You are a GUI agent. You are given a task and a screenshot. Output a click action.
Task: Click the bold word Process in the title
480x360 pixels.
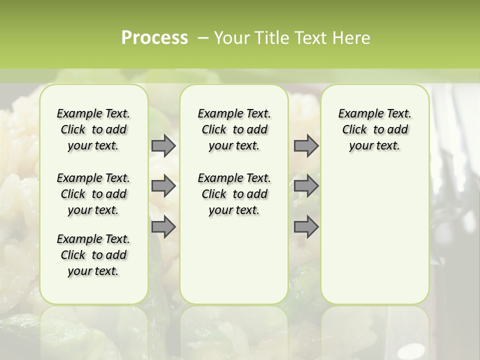tap(154, 38)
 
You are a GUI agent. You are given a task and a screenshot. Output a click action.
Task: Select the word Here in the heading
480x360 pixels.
tap(352, 38)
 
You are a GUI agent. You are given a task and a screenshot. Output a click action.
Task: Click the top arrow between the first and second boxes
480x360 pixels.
tap(163, 145)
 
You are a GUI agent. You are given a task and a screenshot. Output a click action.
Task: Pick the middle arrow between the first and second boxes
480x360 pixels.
tap(163, 186)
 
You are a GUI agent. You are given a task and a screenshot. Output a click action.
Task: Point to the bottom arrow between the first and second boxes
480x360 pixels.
tap(163, 226)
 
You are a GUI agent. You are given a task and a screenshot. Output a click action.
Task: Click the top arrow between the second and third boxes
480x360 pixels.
tap(306, 145)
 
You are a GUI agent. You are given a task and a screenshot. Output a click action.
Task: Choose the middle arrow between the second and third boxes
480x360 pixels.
tap(306, 186)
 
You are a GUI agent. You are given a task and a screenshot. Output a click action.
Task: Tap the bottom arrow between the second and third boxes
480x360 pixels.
tap(306, 226)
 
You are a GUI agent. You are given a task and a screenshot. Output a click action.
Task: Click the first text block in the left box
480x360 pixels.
tap(93, 129)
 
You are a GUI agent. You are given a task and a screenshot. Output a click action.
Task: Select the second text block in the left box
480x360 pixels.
tap(93, 194)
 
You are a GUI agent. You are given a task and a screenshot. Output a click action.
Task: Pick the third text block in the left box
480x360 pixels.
tap(93, 255)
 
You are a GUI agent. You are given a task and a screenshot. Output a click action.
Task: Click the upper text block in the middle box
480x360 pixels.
tap(234, 129)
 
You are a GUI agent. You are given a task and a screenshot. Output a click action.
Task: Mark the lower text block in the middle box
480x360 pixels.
tap(234, 194)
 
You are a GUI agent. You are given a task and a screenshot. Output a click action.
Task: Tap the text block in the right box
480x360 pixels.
tap(375, 129)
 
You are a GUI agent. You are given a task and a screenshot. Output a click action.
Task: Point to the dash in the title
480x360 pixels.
tap(203, 38)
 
